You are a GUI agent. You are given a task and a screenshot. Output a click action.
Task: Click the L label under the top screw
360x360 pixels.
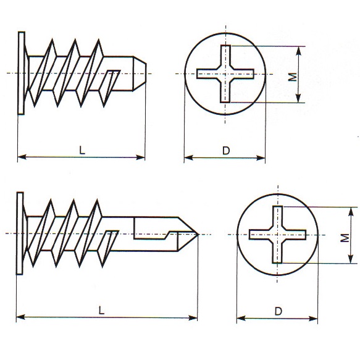pyautogui.click(x=82, y=150)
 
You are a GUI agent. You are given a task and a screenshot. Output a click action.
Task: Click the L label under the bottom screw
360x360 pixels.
pyautogui.click(x=101, y=311)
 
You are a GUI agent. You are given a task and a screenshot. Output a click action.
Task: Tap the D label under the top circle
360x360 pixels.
pyautogui.click(x=226, y=151)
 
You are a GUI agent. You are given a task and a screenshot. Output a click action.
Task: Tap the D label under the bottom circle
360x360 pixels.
pyautogui.click(x=278, y=311)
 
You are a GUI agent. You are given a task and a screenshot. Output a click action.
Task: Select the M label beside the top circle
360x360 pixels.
pyautogui.click(x=292, y=77)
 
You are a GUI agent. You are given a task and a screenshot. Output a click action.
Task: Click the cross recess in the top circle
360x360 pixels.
pyautogui.click(x=225, y=73)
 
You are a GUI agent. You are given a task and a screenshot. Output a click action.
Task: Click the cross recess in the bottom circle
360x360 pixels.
pyautogui.click(x=277, y=235)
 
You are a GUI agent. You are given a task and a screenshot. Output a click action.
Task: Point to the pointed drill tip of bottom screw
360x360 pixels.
pyautogui.click(x=198, y=234)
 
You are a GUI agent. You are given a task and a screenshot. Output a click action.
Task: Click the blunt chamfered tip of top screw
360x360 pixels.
pyautogui.click(x=140, y=73)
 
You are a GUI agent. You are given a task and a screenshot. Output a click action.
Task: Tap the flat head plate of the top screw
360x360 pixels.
pyautogui.click(x=21, y=73)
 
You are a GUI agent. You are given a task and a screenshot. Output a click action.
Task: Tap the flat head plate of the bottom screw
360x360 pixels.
pyautogui.click(x=20, y=233)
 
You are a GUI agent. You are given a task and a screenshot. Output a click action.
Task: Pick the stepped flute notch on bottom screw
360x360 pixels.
pyautogui.click(x=156, y=228)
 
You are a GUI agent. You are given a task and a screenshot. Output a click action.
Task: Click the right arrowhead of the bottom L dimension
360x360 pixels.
pyautogui.click(x=193, y=318)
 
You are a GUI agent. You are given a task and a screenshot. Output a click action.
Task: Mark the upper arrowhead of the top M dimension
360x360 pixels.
pyautogui.click(x=298, y=51)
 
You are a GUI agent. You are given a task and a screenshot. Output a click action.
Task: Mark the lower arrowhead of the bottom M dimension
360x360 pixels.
pyautogui.click(x=351, y=259)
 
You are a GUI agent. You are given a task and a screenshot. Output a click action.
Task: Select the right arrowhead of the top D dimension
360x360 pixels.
pyautogui.click(x=261, y=157)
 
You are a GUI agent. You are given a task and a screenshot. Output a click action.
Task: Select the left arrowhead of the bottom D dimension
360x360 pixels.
pyautogui.click(x=241, y=319)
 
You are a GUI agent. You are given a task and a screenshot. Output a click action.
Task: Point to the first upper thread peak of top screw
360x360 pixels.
pyautogui.click(x=52, y=40)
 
